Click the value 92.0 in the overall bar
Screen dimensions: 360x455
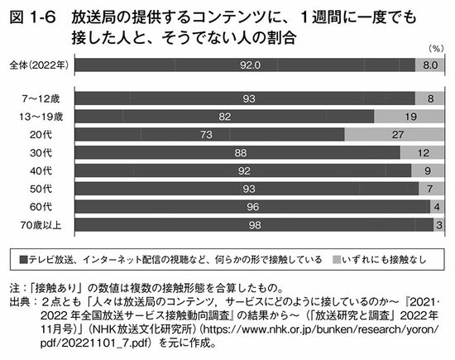coord(244,64)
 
